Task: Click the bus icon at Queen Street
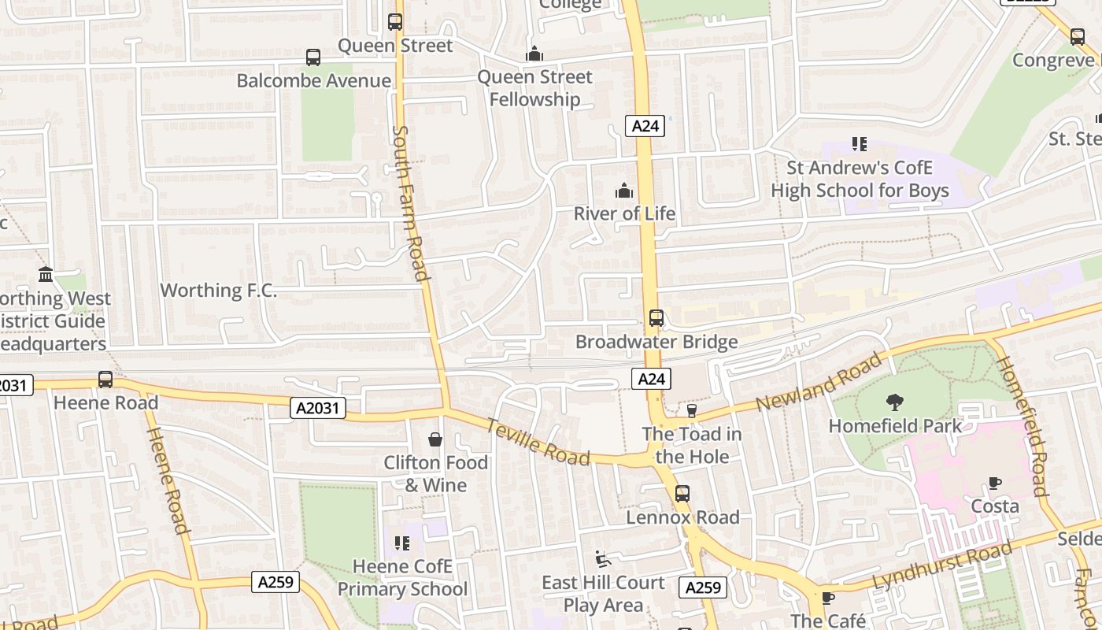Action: click(395, 22)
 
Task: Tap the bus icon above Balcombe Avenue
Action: click(313, 57)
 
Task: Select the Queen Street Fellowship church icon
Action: click(534, 54)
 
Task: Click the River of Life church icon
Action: click(624, 191)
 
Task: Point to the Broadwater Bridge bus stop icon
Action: click(656, 318)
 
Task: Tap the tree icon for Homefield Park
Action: click(895, 402)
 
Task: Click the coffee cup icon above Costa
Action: click(995, 483)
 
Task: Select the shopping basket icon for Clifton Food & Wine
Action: click(435, 439)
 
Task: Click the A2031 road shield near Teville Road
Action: click(317, 407)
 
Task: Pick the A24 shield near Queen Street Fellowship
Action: click(645, 126)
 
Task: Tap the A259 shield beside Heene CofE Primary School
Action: click(276, 582)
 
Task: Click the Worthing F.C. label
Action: click(219, 290)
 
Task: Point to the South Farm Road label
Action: click(410, 202)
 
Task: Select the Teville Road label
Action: click(538, 441)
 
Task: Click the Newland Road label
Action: click(819, 382)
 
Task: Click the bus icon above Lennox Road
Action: click(682, 494)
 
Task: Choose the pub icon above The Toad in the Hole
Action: click(692, 410)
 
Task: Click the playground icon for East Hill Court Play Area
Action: click(603, 558)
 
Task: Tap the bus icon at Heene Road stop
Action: click(105, 380)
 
